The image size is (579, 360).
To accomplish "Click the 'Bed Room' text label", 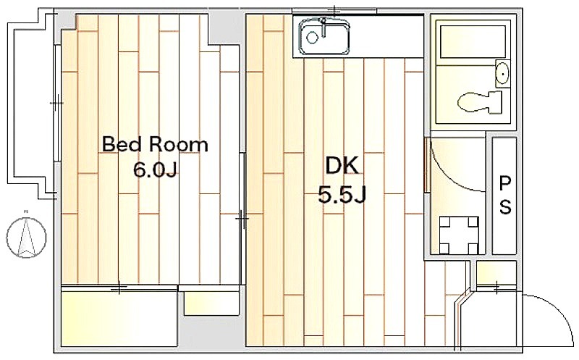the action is pos(155,145).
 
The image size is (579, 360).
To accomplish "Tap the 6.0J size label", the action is pos(156,170).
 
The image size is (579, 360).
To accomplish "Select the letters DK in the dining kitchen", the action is pos(342,166).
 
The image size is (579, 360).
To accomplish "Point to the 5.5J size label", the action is pos(342,195).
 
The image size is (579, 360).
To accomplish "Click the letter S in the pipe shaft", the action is pos(505,207).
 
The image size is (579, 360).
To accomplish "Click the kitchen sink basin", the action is pos(324,36).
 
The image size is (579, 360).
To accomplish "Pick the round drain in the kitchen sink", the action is pos(312,38).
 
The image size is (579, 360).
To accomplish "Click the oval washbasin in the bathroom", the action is pos(502,73).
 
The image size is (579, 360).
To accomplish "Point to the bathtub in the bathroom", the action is pos(473,42).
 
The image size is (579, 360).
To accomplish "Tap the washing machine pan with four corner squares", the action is pos(459,235).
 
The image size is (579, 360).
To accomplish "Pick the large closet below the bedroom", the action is pos(119,318).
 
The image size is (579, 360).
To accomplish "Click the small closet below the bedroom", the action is pos(211,304).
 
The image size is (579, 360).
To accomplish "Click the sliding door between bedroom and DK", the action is pos(242,219).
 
